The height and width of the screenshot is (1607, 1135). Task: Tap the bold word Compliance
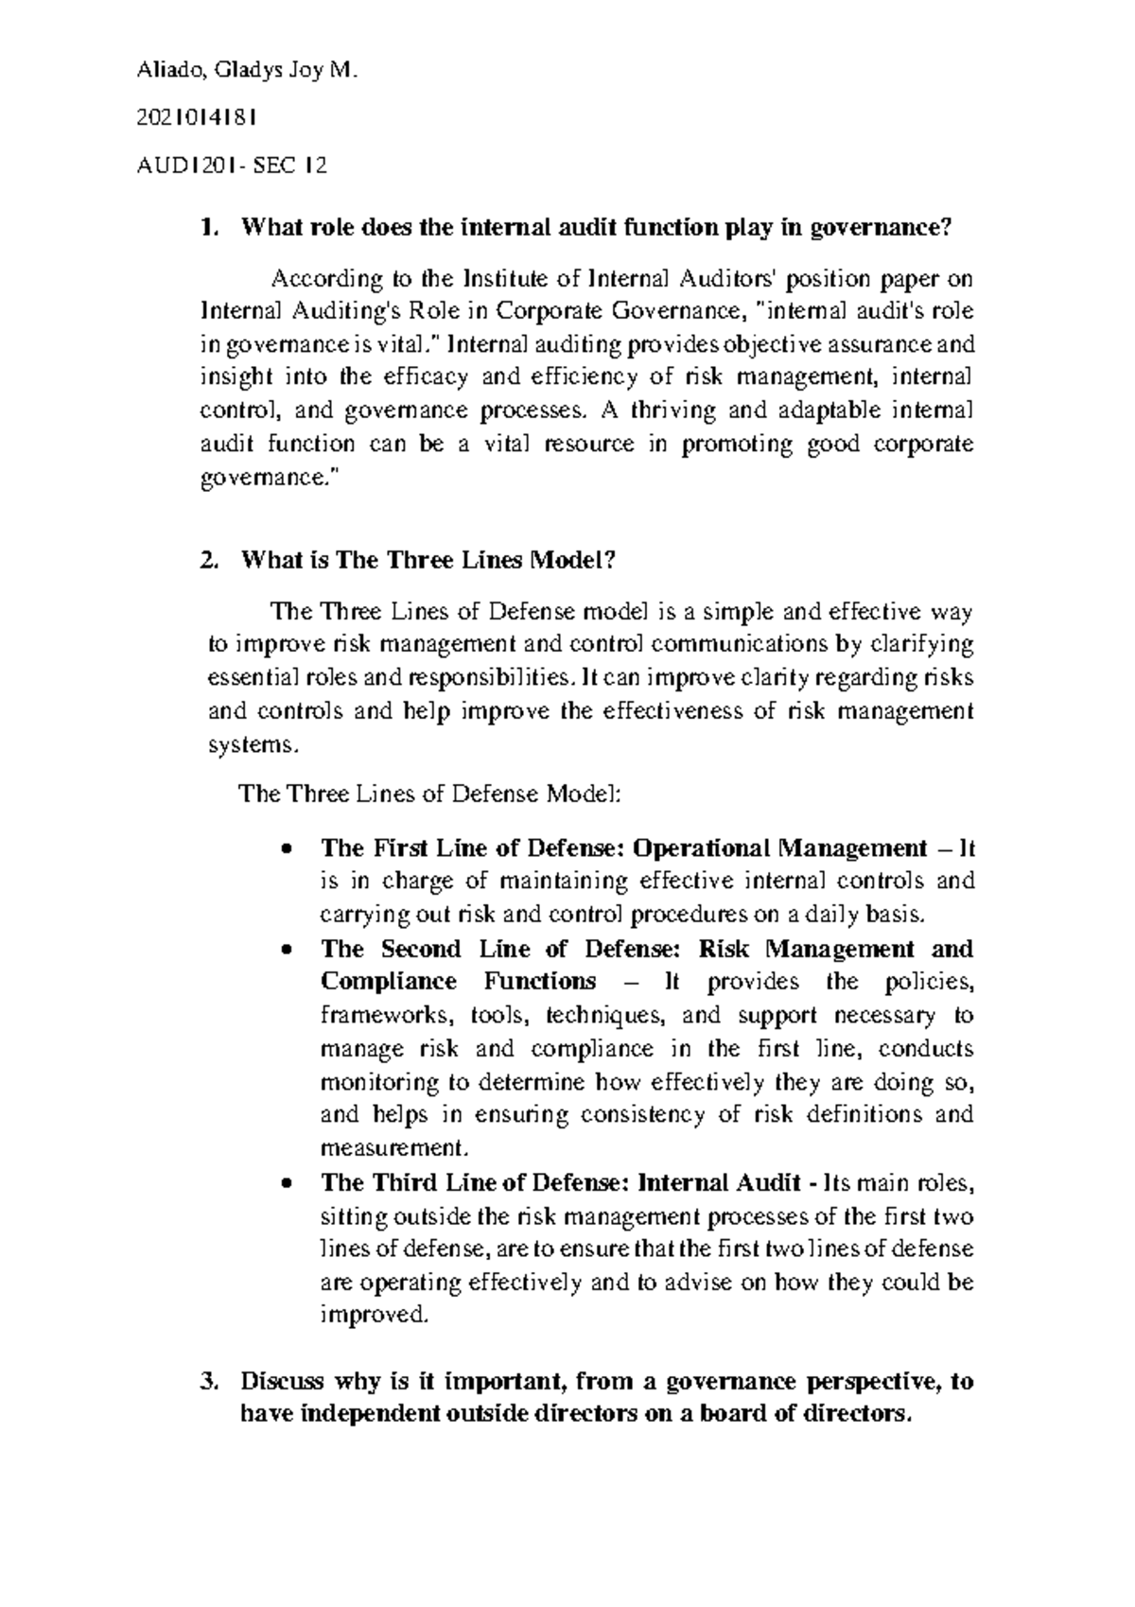[x=389, y=982]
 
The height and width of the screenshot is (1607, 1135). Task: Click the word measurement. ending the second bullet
[x=394, y=1149]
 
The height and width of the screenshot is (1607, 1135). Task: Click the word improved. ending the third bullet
[x=375, y=1316]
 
